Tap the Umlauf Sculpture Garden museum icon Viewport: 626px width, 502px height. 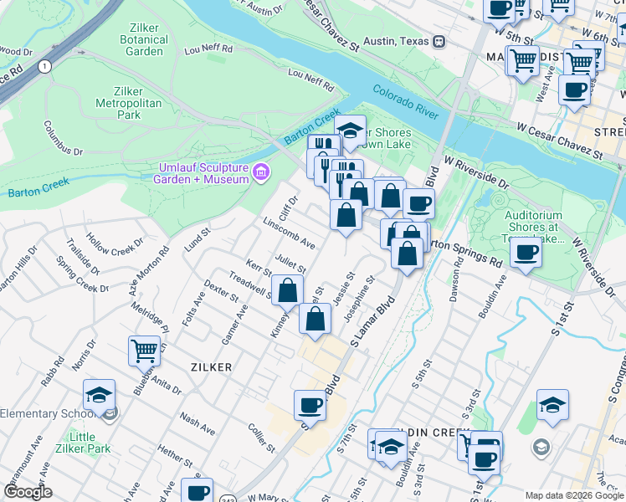262,173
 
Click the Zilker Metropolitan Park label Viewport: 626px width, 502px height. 129,102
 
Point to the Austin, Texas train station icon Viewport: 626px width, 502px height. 439,41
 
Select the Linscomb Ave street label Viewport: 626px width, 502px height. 289,233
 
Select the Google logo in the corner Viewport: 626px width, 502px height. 28,492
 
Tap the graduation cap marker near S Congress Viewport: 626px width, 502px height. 552,405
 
